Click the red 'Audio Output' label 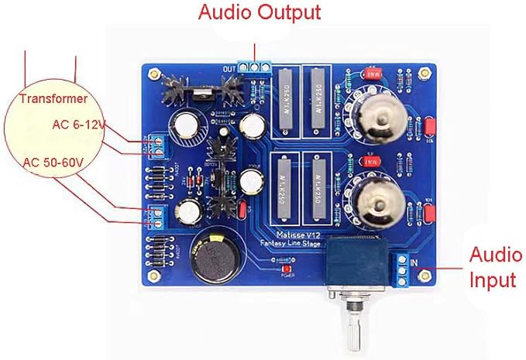[x=259, y=13]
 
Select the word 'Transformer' [x=53, y=98]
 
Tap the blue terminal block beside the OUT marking [x=254, y=67]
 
